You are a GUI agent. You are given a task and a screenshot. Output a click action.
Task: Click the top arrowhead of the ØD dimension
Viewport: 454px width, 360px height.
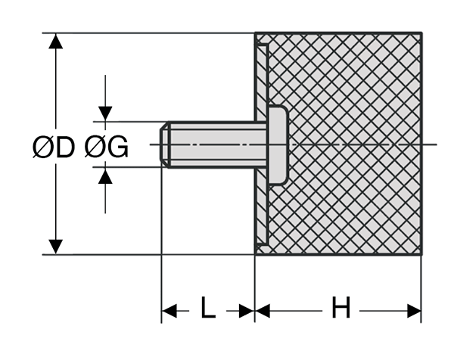tap(54, 41)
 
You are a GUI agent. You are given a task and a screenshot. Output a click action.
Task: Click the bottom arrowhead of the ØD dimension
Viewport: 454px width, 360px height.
tap(54, 247)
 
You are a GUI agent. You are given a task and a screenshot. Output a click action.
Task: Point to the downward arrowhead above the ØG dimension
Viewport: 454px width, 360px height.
tap(105, 113)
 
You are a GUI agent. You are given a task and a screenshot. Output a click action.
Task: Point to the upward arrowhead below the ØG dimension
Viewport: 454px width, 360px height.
tap(105, 175)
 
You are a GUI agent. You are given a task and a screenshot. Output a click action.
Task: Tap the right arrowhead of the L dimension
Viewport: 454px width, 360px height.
tap(247, 310)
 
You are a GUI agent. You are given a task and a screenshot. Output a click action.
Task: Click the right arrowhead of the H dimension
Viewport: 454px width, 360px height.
tap(414, 310)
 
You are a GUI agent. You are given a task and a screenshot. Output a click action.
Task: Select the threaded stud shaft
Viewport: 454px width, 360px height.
tap(216, 144)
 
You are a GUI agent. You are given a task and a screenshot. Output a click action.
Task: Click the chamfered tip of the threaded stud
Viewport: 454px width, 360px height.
tap(165, 144)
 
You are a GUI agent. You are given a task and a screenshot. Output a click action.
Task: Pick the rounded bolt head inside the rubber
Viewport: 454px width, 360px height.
tap(277, 144)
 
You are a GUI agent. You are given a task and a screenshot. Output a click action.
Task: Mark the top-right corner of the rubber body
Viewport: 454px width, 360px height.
tap(421, 33)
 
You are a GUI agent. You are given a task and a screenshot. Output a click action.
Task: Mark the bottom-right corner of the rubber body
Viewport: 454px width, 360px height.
tap(421, 255)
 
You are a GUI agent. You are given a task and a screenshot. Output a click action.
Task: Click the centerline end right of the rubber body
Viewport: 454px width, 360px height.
tap(435, 144)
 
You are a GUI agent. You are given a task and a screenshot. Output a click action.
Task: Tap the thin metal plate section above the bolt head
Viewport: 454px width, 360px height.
tap(261, 76)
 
